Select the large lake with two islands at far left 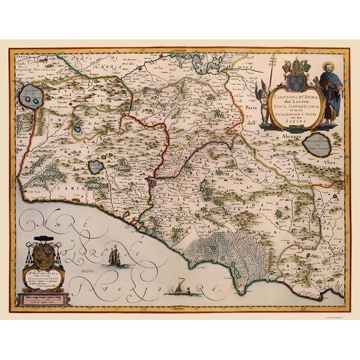click(x=31, y=97)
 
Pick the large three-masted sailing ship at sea click(x=115, y=256)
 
